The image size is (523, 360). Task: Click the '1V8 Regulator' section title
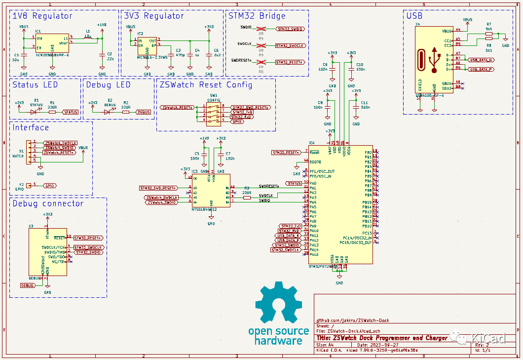[x=42, y=16]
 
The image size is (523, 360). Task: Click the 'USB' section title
[x=414, y=16]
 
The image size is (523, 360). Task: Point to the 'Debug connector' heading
[x=48, y=203]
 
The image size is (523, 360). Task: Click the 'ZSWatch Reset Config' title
[x=206, y=84]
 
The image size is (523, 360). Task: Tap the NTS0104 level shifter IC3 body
[x=211, y=190]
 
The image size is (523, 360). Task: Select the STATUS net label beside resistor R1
[x=70, y=112]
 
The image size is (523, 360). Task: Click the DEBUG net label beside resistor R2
[x=143, y=112]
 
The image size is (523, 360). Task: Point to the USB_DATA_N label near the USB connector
[x=481, y=60]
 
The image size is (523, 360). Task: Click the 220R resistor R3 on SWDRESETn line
[x=247, y=192]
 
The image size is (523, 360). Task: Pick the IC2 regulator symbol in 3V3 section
[x=147, y=46]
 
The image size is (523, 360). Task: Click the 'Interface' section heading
[x=31, y=127]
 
